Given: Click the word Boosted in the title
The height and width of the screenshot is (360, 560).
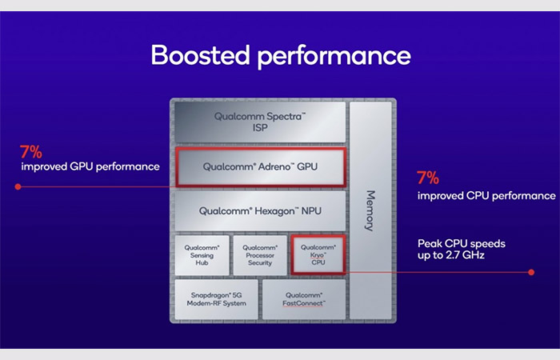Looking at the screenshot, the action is tap(200, 55).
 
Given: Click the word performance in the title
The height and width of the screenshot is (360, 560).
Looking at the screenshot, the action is tap(334, 57).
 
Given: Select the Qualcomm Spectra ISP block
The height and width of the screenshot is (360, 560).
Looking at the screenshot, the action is tap(260, 122).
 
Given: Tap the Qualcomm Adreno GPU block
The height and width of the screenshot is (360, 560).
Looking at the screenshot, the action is tap(260, 166).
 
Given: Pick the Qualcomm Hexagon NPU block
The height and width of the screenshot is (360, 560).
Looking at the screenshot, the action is tap(260, 210).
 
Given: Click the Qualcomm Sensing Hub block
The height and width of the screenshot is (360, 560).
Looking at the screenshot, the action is tap(202, 255).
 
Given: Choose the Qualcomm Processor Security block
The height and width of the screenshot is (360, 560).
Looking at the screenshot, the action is tap(260, 255).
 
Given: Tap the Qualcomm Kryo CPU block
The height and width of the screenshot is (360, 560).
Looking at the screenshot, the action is tap(318, 254).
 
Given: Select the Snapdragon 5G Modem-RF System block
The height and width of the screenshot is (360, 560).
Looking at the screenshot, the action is tap(217, 299).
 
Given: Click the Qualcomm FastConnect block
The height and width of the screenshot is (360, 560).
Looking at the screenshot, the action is tap(304, 299).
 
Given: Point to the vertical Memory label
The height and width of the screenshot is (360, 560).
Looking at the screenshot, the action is tap(370, 210).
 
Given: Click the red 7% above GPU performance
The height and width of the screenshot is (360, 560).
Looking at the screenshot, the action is tap(30, 152).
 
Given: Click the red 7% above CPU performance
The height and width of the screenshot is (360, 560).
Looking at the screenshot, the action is tap(428, 178).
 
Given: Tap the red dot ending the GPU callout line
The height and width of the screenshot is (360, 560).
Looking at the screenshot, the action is tap(18, 186).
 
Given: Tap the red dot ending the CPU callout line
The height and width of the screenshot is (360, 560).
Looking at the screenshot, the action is tap(531, 272).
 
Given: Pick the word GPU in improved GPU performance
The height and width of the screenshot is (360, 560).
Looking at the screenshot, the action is tap(82, 166).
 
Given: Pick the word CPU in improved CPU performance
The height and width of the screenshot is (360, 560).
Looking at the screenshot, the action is tap(478, 196).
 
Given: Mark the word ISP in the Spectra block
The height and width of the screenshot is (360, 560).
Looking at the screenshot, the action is tap(260, 128).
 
